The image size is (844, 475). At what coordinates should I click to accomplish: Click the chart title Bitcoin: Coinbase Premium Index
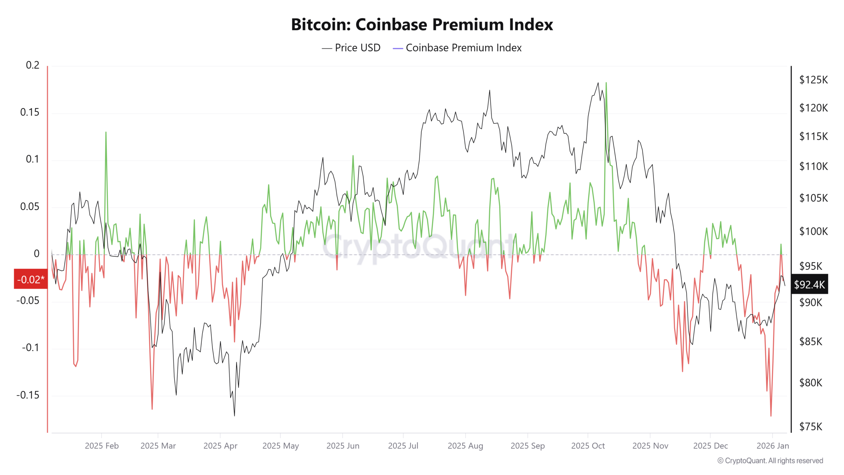[x=422, y=24]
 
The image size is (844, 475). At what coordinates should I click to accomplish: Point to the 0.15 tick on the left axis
[x=30, y=112]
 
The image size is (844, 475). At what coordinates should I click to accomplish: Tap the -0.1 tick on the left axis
[x=30, y=348]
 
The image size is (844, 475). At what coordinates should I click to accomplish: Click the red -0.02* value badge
[x=31, y=279]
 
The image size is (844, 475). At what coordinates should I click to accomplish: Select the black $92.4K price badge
[x=809, y=284]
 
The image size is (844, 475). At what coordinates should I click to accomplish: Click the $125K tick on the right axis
[x=813, y=80]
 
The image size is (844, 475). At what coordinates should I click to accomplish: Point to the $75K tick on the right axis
[x=811, y=427]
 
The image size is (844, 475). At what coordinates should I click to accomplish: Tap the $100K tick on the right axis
[x=813, y=231]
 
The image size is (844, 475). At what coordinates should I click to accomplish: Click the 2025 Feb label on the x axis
[x=102, y=446]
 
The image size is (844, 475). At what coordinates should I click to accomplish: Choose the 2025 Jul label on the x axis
[x=403, y=446]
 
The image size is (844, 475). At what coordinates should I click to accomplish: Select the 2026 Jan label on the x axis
[x=772, y=446]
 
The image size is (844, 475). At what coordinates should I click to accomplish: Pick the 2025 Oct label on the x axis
[x=588, y=446]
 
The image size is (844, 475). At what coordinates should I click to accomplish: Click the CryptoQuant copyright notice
[x=770, y=460]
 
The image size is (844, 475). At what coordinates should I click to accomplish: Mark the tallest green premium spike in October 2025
[x=606, y=83]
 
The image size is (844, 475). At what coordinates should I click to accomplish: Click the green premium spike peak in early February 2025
[x=106, y=132]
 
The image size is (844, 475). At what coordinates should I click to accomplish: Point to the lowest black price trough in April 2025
[x=234, y=415]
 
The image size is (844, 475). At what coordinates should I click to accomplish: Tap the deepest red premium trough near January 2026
[x=771, y=416]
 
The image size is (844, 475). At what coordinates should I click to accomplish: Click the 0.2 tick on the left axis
[x=32, y=65]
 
